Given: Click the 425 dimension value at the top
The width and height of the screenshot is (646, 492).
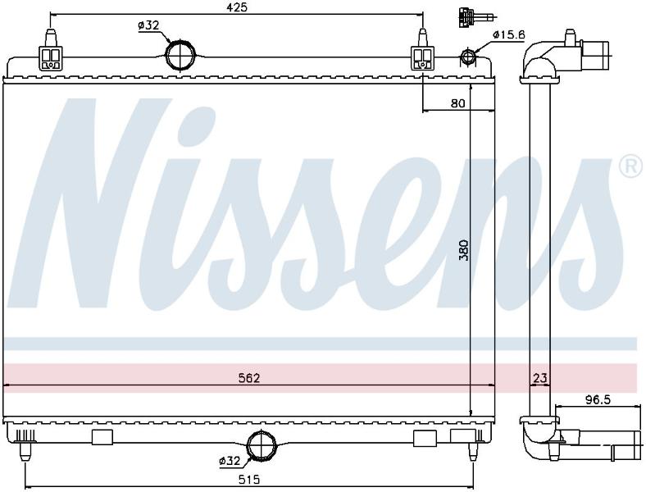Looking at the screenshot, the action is (x=238, y=7).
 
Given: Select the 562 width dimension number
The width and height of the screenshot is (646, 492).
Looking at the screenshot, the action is (x=250, y=378).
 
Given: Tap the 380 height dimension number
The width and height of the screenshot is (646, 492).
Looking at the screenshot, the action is (x=464, y=250).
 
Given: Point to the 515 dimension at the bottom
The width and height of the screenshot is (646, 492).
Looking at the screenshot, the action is (x=250, y=479).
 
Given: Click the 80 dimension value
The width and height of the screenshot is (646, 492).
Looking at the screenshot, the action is (x=457, y=103).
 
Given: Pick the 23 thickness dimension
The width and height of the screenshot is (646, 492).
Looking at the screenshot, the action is (x=540, y=378).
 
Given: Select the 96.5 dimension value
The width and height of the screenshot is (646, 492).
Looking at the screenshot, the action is (x=598, y=399).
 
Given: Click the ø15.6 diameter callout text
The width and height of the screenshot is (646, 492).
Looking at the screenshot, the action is (x=509, y=35).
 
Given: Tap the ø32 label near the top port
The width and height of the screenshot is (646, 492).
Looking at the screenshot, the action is (x=148, y=25).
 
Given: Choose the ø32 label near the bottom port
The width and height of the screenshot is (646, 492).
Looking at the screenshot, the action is (x=230, y=461).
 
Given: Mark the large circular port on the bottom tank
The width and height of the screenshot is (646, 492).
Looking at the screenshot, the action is (x=262, y=445).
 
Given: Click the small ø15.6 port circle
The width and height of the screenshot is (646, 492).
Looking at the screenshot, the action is (x=467, y=56).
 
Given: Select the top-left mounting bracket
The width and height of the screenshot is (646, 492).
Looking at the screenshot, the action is (x=50, y=51).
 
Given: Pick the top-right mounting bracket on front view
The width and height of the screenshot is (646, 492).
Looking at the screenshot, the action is (x=423, y=51).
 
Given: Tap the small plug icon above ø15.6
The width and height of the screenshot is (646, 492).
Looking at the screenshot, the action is (x=473, y=18).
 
